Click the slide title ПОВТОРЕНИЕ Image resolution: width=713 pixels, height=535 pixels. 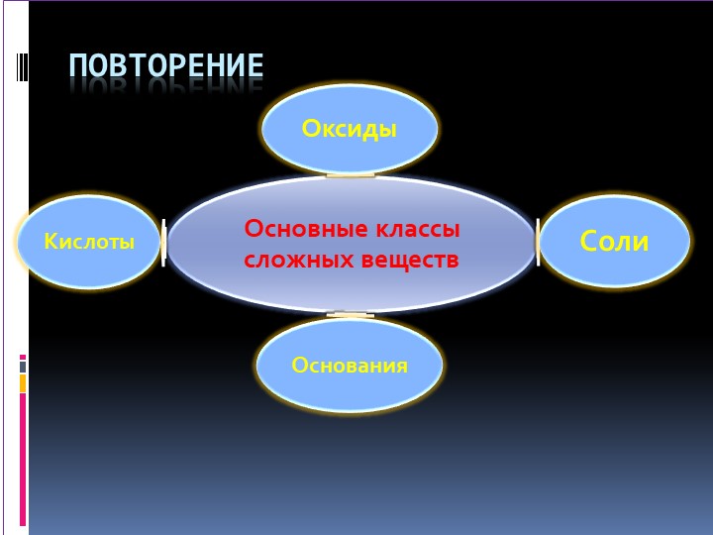click(x=166, y=66)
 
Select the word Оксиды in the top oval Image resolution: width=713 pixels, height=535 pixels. click(x=350, y=129)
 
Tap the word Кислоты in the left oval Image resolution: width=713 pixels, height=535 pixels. click(x=89, y=242)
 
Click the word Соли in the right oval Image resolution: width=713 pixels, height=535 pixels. click(x=614, y=241)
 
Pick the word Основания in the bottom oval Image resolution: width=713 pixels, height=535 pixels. click(x=350, y=366)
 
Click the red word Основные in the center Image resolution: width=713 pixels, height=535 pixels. click(x=305, y=229)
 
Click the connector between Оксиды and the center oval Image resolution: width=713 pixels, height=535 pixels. click(x=351, y=175)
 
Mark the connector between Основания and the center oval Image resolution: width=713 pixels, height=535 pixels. click(x=351, y=315)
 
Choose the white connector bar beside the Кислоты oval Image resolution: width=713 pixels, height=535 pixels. click(x=163, y=243)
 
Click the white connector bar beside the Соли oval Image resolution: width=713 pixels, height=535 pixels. click(x=538, y=243)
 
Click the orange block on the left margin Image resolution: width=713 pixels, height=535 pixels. click(x=23, y=382)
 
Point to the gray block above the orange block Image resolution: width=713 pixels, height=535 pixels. click(x=23, y=367)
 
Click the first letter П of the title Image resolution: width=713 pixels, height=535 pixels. click(x=79, y=66)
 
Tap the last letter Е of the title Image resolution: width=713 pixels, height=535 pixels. click(x=255, y=66)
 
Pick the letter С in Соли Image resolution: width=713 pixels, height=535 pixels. click(x=590, y=241)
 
